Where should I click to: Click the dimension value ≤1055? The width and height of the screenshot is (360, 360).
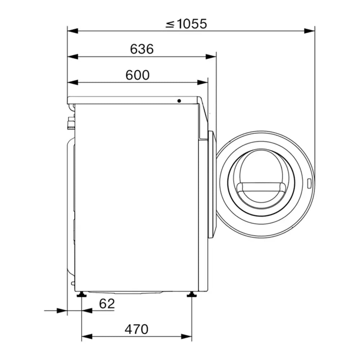[186, 24]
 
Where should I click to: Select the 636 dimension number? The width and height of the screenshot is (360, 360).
[142, 49]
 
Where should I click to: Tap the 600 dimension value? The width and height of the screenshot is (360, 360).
[138, 75]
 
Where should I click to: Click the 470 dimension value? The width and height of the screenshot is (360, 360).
[136, 329]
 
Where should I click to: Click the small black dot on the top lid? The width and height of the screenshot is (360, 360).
[179, 101]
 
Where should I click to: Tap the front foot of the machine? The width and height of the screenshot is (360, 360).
[191, 295]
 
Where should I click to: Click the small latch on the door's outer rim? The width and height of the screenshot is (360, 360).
[309, 184]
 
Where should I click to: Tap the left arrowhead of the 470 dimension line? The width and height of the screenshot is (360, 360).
[87, 337]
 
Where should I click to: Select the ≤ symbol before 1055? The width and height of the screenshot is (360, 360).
[170, 24]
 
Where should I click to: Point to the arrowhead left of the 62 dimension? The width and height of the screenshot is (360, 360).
[62, 310]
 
